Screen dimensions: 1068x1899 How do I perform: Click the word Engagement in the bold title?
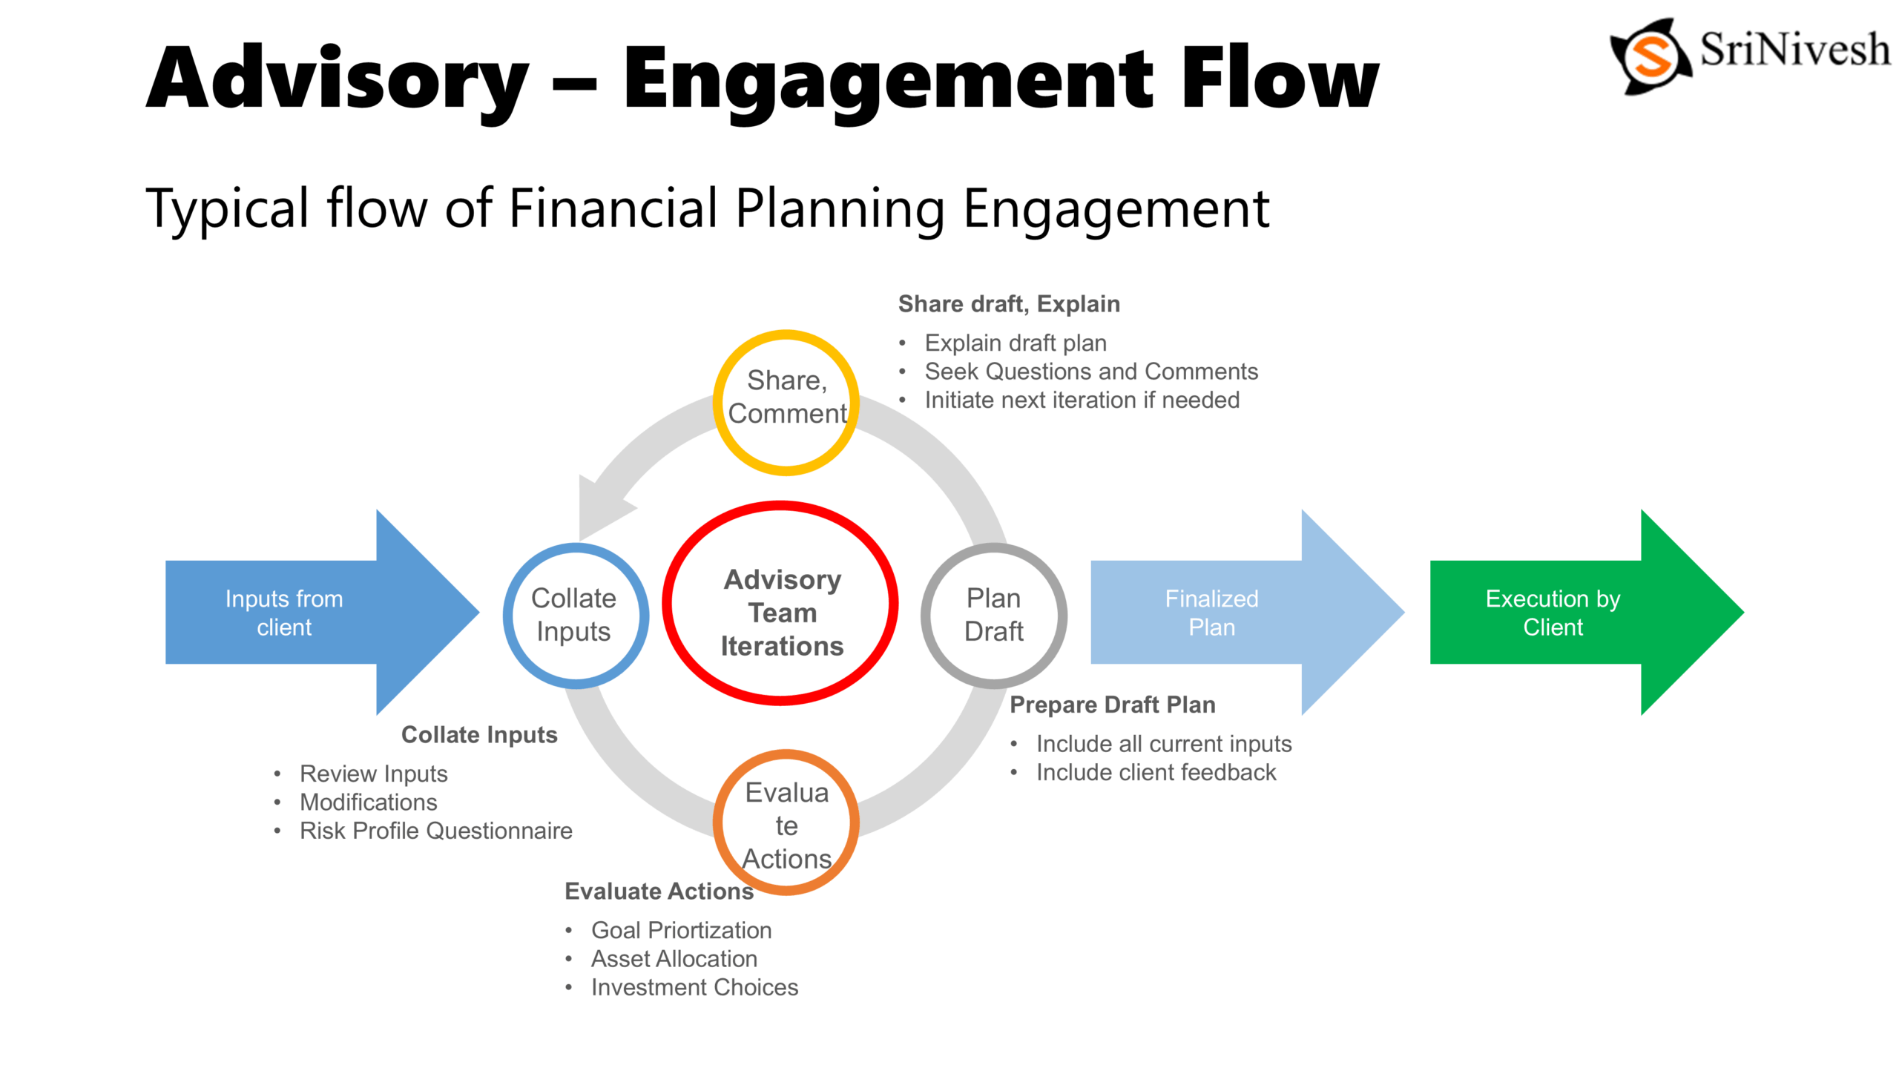coord(889,79)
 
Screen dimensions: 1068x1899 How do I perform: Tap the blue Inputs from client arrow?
coord(297,613)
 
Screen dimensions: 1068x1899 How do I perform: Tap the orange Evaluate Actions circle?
coord(786,823)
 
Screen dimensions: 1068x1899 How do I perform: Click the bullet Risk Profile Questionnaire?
coord(435,831)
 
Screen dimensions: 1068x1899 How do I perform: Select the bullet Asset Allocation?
coord(674,958)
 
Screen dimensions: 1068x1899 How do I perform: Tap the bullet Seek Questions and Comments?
coord(1090,371)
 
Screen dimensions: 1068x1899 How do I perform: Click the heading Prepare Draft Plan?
coord(1112,705)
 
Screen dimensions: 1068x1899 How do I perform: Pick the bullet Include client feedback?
coord(1156,772)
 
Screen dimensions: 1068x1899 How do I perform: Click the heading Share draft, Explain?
coord(1009,304)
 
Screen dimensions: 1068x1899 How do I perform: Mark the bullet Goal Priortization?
coord(681,930)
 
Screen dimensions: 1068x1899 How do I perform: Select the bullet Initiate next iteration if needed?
coord(1082,400)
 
